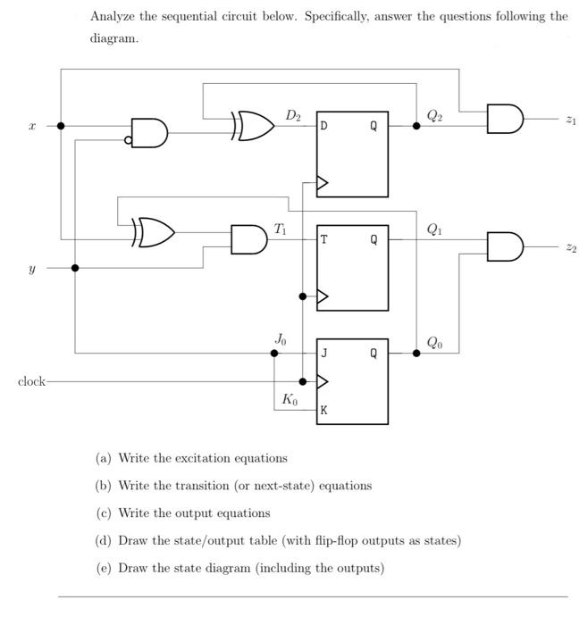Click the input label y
point(32,267)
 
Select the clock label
point(31,381)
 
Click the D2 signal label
point(293,115)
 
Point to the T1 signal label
point(280,229)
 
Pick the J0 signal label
point(281,339)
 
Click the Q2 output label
point(433,114)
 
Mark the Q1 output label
point(433,229)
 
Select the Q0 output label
point(433,342)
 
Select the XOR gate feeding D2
point(255,127)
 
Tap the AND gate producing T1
point(247,239)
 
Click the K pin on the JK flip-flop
point(324,412)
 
